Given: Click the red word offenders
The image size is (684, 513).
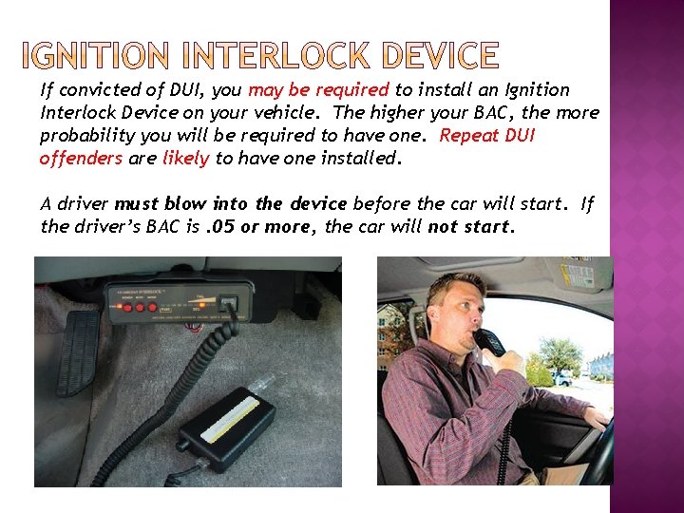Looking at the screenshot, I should click(81, 158).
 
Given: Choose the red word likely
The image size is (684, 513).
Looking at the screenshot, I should click(185, 158).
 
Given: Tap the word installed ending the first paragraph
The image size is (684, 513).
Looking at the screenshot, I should click(365, 158).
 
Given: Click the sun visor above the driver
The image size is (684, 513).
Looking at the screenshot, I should click(456, 268).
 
